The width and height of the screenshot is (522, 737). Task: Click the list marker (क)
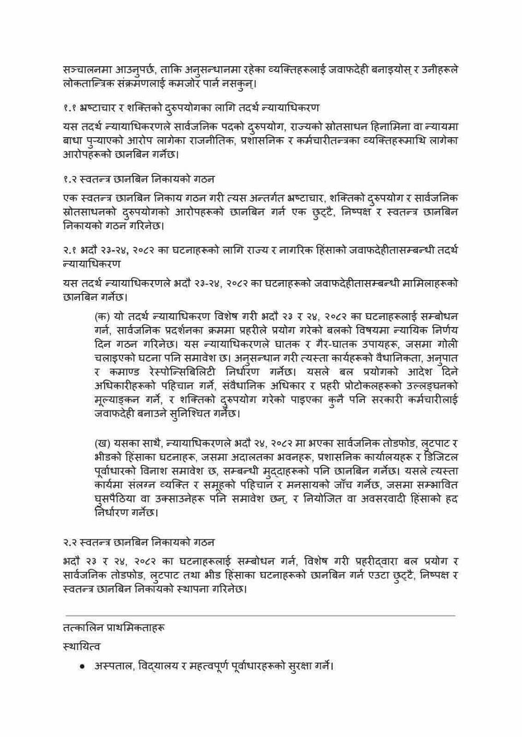point(102,317)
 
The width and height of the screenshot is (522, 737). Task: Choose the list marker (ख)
point(102,443)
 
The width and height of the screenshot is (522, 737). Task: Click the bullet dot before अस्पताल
point(82,667)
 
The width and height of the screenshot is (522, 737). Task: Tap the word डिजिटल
point(440,457)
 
